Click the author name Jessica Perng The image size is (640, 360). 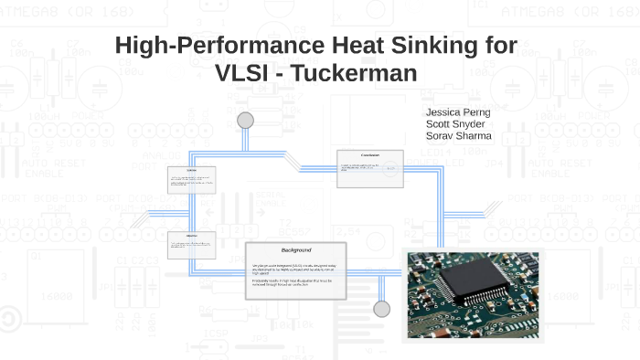(x=458, y=111)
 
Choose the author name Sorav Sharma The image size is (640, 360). (x=459, y=136)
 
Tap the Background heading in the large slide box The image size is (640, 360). (x=295, y=250)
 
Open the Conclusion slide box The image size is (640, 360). (x=369, y=168)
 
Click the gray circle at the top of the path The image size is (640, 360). (x=245, y=120)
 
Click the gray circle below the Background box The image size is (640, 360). (x=381, y=307)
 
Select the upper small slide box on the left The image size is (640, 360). (x=191, y=181)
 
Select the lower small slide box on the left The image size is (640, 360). (x=191, y=244)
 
